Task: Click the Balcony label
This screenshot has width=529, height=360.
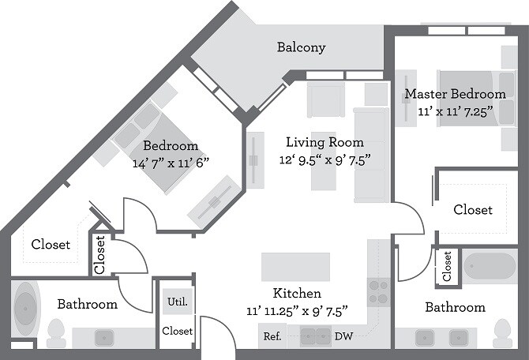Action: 302,47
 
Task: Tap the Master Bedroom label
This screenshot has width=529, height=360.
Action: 455,94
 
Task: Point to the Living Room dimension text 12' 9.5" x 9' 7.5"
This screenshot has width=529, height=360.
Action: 325,160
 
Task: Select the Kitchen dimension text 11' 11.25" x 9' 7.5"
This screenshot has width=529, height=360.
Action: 297,311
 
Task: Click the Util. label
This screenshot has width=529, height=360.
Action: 178,302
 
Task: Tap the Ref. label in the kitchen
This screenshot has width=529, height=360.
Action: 272,336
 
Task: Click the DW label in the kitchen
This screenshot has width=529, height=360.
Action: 343,336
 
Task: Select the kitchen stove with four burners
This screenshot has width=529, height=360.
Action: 378,292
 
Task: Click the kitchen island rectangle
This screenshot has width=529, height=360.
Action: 295,267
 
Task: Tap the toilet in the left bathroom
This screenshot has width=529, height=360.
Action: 56,333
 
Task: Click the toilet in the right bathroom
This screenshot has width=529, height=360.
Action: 502,333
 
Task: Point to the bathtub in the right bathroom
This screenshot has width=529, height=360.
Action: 490,266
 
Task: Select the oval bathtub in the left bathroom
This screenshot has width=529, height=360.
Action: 25,309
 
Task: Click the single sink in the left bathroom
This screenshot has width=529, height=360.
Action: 104,338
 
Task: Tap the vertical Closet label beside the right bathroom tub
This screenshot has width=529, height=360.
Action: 447,266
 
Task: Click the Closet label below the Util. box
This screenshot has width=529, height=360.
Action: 177,331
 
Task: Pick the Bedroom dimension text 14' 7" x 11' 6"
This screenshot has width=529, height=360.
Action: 171,163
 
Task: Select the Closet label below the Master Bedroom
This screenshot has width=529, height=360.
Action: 473,209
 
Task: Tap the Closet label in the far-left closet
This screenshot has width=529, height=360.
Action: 51,244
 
